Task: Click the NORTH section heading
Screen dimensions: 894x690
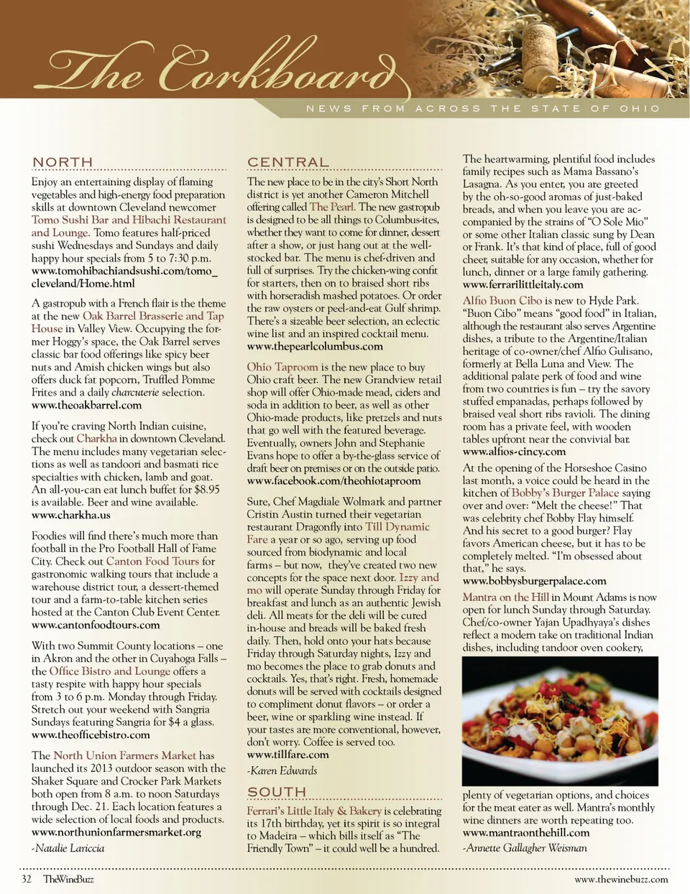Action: click(x=63, y=162)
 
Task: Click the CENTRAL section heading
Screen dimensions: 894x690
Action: click(x=287, y=162)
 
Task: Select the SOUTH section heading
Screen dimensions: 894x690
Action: click(x=277, y=792)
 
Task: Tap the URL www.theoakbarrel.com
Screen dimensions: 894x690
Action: click(x=86, y=406)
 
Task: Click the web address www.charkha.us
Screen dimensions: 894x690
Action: click(x=71, y=516)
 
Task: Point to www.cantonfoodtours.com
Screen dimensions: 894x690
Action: click(x=96, y=625)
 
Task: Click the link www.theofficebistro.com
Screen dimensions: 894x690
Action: click(x=91, y=735)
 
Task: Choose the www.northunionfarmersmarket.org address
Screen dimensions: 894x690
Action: click(x=116, y=832)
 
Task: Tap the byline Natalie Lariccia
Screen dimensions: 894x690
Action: click(x=68, y=849)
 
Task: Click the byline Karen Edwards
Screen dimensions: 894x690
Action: click(x=282, y=771)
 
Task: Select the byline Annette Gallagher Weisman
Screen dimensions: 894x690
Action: click(x=525, y=848)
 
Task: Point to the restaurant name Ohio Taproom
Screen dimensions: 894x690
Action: click(x=282, y=367)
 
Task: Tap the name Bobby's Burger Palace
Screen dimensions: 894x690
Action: click(x=565, y=493)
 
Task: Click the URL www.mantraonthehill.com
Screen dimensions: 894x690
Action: click(x=526, y=833)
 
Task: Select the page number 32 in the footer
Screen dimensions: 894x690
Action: click(x=27, y=879)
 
